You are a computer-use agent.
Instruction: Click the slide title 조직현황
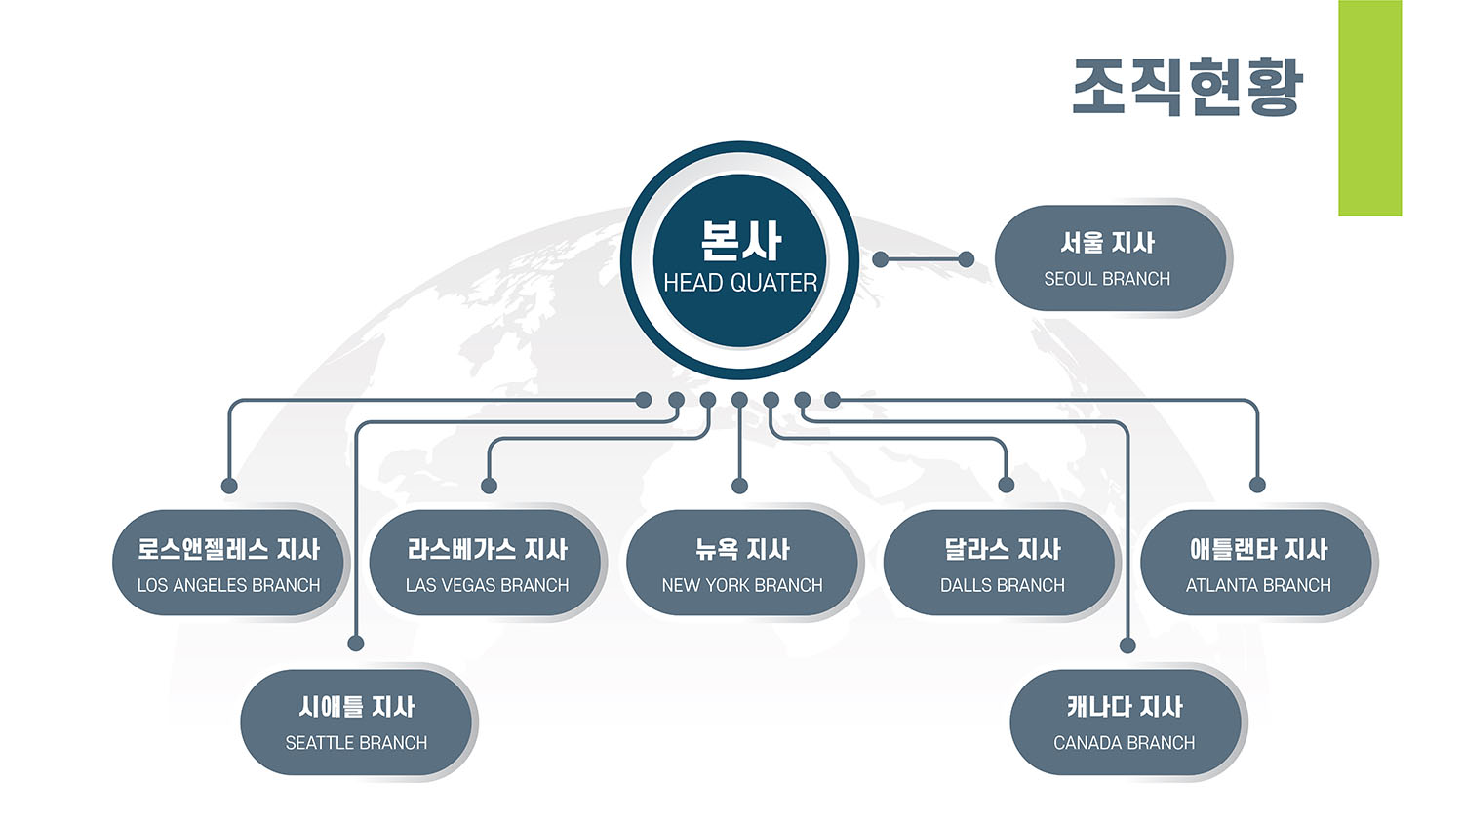1188,87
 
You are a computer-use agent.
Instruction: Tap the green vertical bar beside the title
1369,108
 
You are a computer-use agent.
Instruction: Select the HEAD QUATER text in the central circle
740,283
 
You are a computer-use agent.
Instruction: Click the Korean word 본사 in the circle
740,241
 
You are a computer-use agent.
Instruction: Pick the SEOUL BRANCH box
1110,258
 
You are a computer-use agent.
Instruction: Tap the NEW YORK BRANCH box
742,563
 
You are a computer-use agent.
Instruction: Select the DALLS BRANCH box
1000,563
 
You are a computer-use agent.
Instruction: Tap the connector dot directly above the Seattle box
355,644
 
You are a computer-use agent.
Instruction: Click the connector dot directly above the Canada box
1127,646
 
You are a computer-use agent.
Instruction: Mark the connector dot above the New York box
739,486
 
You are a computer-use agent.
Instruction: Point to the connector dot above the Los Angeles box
229,486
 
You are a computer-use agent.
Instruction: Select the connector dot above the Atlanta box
1257,485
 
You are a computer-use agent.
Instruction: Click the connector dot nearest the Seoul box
966,259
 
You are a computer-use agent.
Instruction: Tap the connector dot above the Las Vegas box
489,486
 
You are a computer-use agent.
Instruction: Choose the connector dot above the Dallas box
1007,485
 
